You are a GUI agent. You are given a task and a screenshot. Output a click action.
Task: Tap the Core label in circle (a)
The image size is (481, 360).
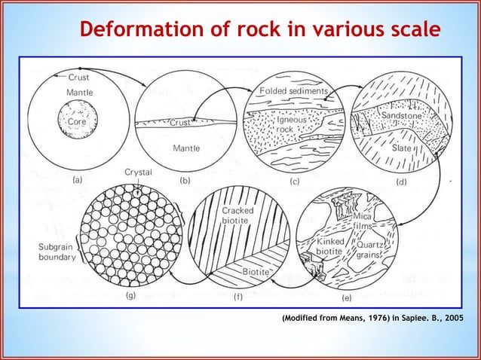click(x=77, y=121)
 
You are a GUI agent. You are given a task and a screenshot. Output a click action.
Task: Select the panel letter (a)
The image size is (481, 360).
click(x=78, y=181)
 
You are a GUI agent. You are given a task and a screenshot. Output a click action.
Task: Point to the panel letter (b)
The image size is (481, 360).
click(x=185, y=181)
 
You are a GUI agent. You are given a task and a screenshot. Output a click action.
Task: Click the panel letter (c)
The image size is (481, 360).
click(x=296, y=182)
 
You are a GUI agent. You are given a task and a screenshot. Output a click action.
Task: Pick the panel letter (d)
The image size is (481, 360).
click(x=401, y=182)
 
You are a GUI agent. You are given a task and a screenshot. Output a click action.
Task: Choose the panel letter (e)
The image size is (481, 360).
click(x=346, y=298)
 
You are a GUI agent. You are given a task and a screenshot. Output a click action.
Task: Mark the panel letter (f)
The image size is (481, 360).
click(x=236, y=297)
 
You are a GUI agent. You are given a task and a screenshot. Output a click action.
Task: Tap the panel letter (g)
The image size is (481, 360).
click(x=130, y=296)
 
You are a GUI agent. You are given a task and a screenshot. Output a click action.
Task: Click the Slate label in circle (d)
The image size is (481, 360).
click(x=402, y=148)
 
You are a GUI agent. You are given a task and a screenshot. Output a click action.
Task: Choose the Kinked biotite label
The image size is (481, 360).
click(x=330, y=246)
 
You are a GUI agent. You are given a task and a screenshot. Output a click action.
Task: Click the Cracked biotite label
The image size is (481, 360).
click(x=237, y=215)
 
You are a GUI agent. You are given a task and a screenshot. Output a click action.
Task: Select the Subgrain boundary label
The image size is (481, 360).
click(x=57, y=252)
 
